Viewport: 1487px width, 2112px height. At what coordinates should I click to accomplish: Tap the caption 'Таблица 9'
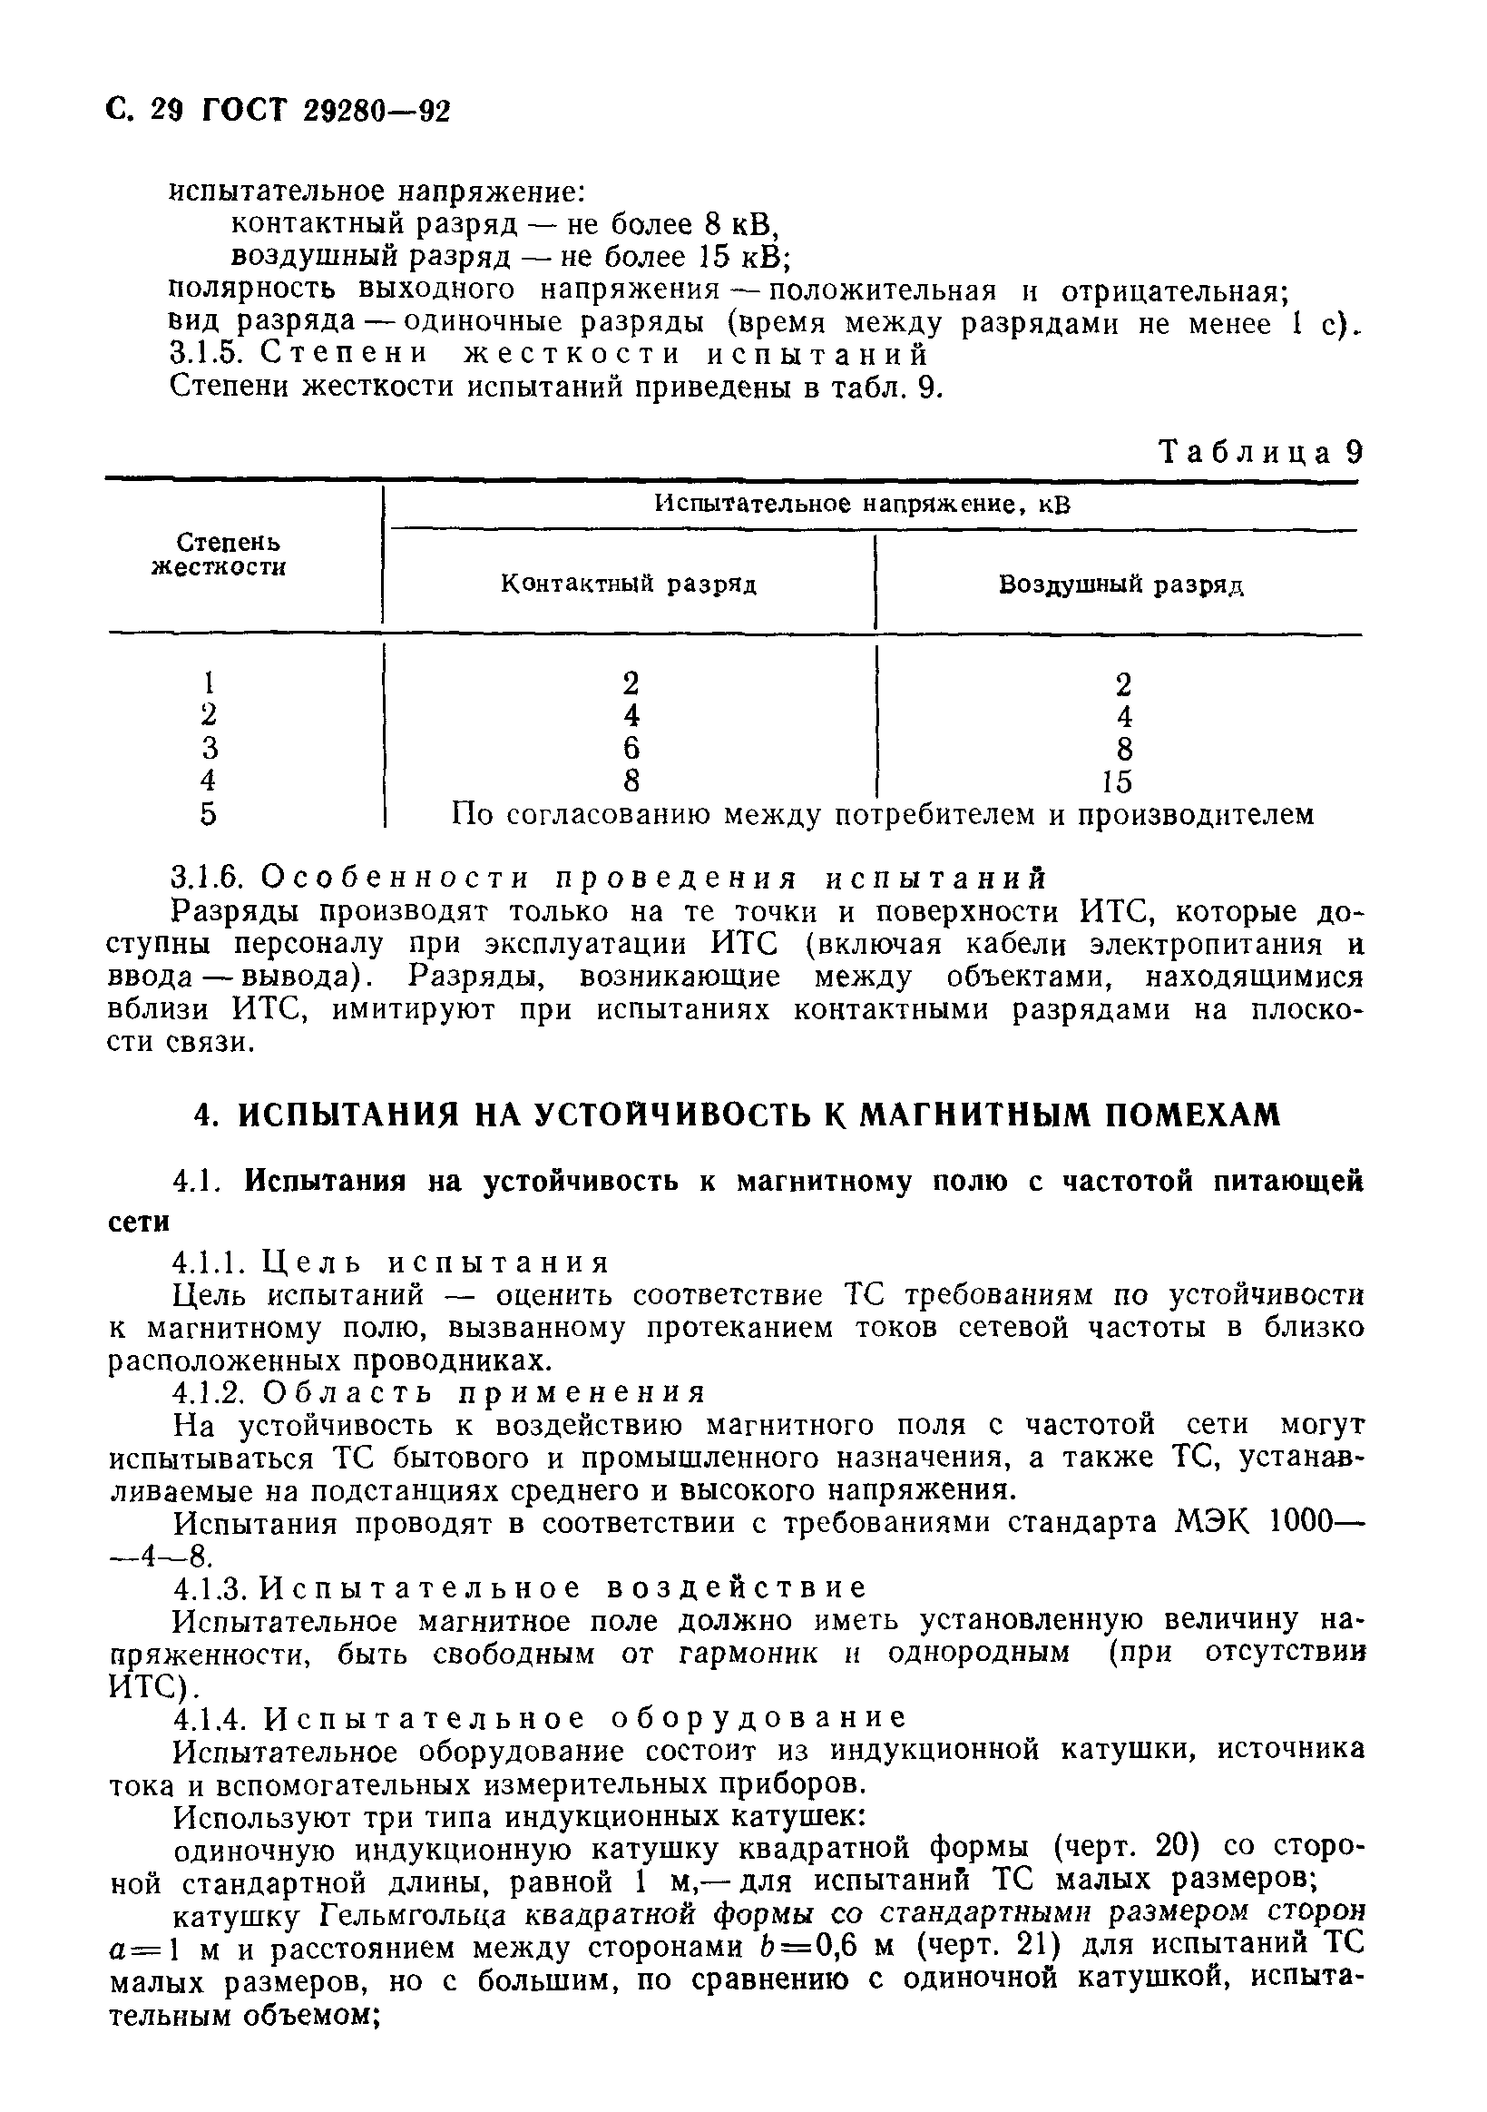(1259, 453)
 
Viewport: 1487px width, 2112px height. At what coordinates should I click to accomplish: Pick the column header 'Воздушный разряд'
(1121, 585)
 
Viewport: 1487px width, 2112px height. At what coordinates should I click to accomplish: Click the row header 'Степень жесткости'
(218, 555)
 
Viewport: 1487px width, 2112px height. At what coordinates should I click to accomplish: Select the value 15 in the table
(1118, 781)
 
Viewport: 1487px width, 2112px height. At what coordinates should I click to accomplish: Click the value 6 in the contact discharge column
(631, 747)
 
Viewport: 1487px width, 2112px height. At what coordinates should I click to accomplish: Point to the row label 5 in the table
(209, 814)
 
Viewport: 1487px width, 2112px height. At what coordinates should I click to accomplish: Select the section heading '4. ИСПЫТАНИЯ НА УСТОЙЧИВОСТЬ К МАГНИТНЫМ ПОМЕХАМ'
(737, 1115)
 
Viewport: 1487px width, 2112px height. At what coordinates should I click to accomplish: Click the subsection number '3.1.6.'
(207, 879)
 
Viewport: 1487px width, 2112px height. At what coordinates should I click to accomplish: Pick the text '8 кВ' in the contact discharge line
(740, 223)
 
